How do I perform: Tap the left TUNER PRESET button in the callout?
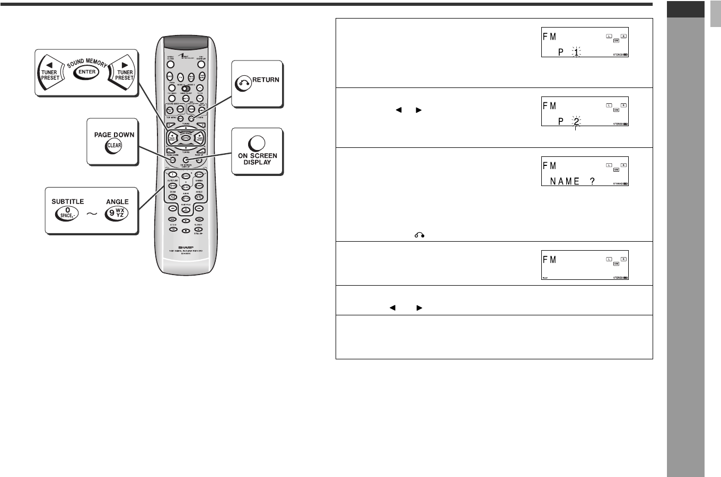[x=49, y=73]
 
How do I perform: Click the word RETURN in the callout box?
[x=266, y=80]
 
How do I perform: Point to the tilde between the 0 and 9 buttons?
[x=92, y=214]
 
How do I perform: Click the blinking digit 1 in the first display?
[x=576, y=52]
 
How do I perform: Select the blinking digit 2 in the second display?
[x=576, y=121]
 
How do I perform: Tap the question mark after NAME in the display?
[x=592, y=181]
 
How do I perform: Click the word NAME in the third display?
[x=565, y=181]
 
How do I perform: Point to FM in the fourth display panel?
[x=550, y=260]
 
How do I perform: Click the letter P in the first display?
[x=561, y=52]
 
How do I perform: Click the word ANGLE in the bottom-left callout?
[x=117, y=201]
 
